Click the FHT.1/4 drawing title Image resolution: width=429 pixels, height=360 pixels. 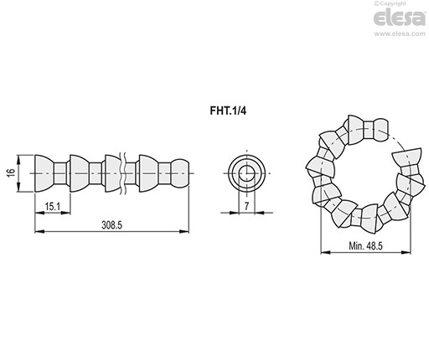228,111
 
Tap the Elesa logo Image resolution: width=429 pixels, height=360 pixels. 400,18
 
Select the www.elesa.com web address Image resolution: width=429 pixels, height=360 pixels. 400,33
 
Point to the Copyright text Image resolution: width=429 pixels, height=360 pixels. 390,3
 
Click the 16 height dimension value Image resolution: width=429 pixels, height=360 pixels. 12,173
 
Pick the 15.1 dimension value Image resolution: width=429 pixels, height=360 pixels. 53,207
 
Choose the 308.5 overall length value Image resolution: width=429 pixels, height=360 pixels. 111,224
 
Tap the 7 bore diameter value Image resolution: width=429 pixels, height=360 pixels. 246,206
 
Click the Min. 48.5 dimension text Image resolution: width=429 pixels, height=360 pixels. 365,245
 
